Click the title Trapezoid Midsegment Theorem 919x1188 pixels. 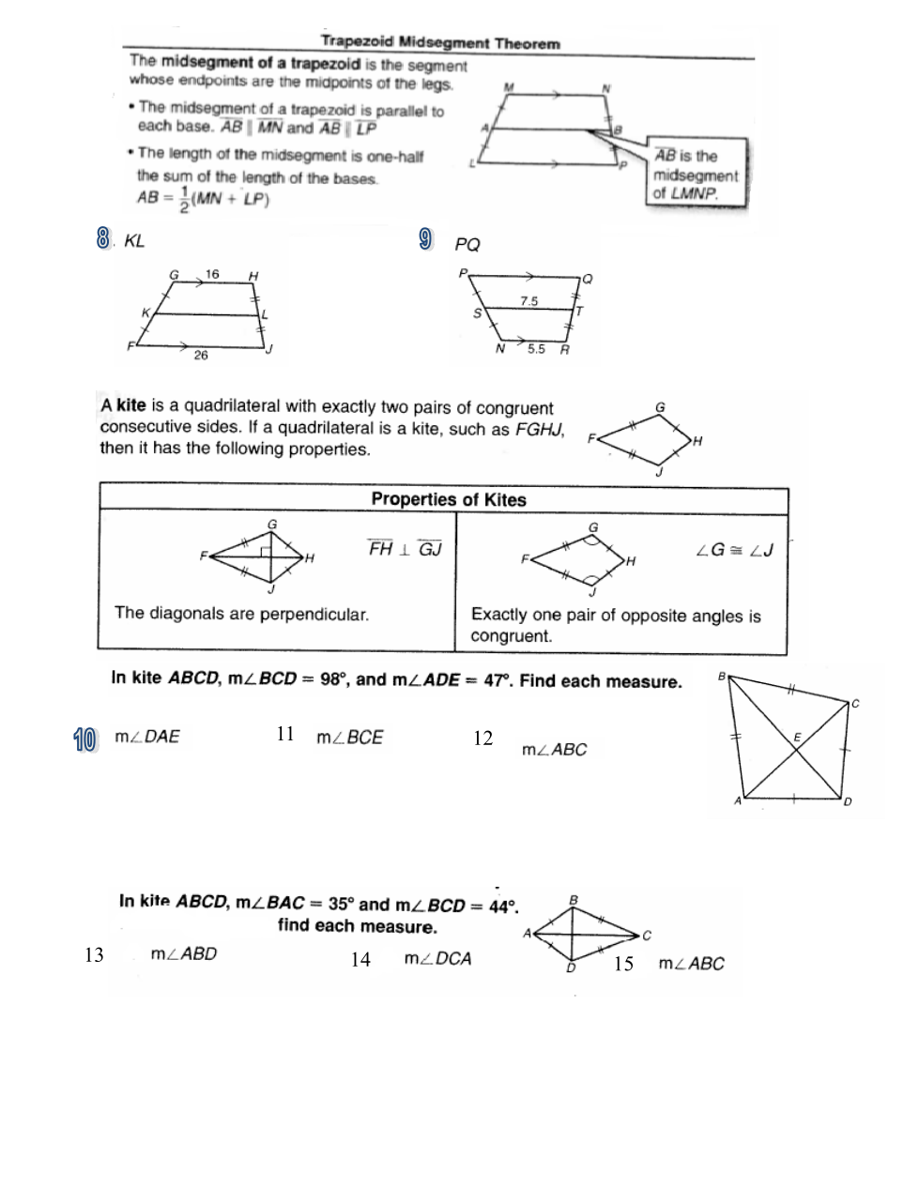click(x=439, y=42)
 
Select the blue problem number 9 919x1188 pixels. click(x=426, y=240)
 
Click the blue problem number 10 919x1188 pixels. click(x=84, y=739)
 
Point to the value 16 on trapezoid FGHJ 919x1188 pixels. click(x=212, y=274)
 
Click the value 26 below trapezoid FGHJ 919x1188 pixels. click(x=201, y=355)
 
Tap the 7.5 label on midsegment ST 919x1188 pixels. click(x=529, y=301)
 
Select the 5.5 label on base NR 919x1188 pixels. click(x=536, y=348)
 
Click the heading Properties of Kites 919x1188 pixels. click(x=448, y=499)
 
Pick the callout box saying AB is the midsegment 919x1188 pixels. click(x=696, y=175)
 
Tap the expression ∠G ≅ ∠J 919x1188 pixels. click(x=734, y=550)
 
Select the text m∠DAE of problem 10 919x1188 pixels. click(x=147, y=737)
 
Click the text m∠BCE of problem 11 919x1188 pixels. click(x=350, y=738)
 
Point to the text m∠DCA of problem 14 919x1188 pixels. click(x=437, y=958)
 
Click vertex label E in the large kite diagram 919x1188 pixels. click(x=797, y=738)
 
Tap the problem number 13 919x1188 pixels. click(x=94, y=955)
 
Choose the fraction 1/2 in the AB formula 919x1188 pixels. click(x=183, y=200)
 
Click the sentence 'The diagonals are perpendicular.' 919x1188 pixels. click(x=241, y=614)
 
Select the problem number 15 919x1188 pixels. click(x=623, y=964)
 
